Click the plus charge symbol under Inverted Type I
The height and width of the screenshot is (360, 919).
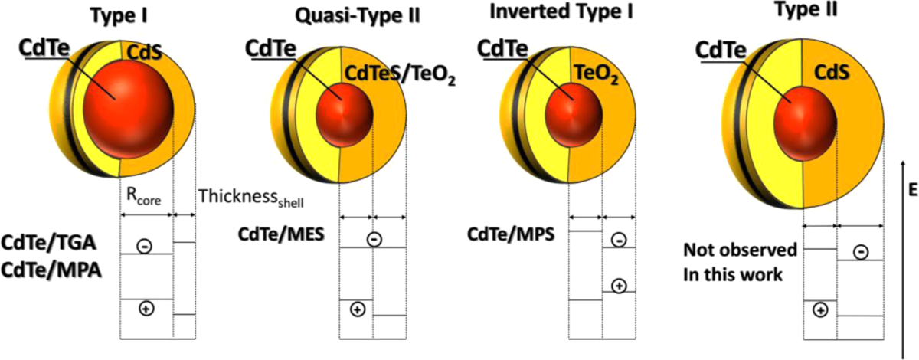tap(620, 286)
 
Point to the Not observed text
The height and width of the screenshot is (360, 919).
tap(741, 250)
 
